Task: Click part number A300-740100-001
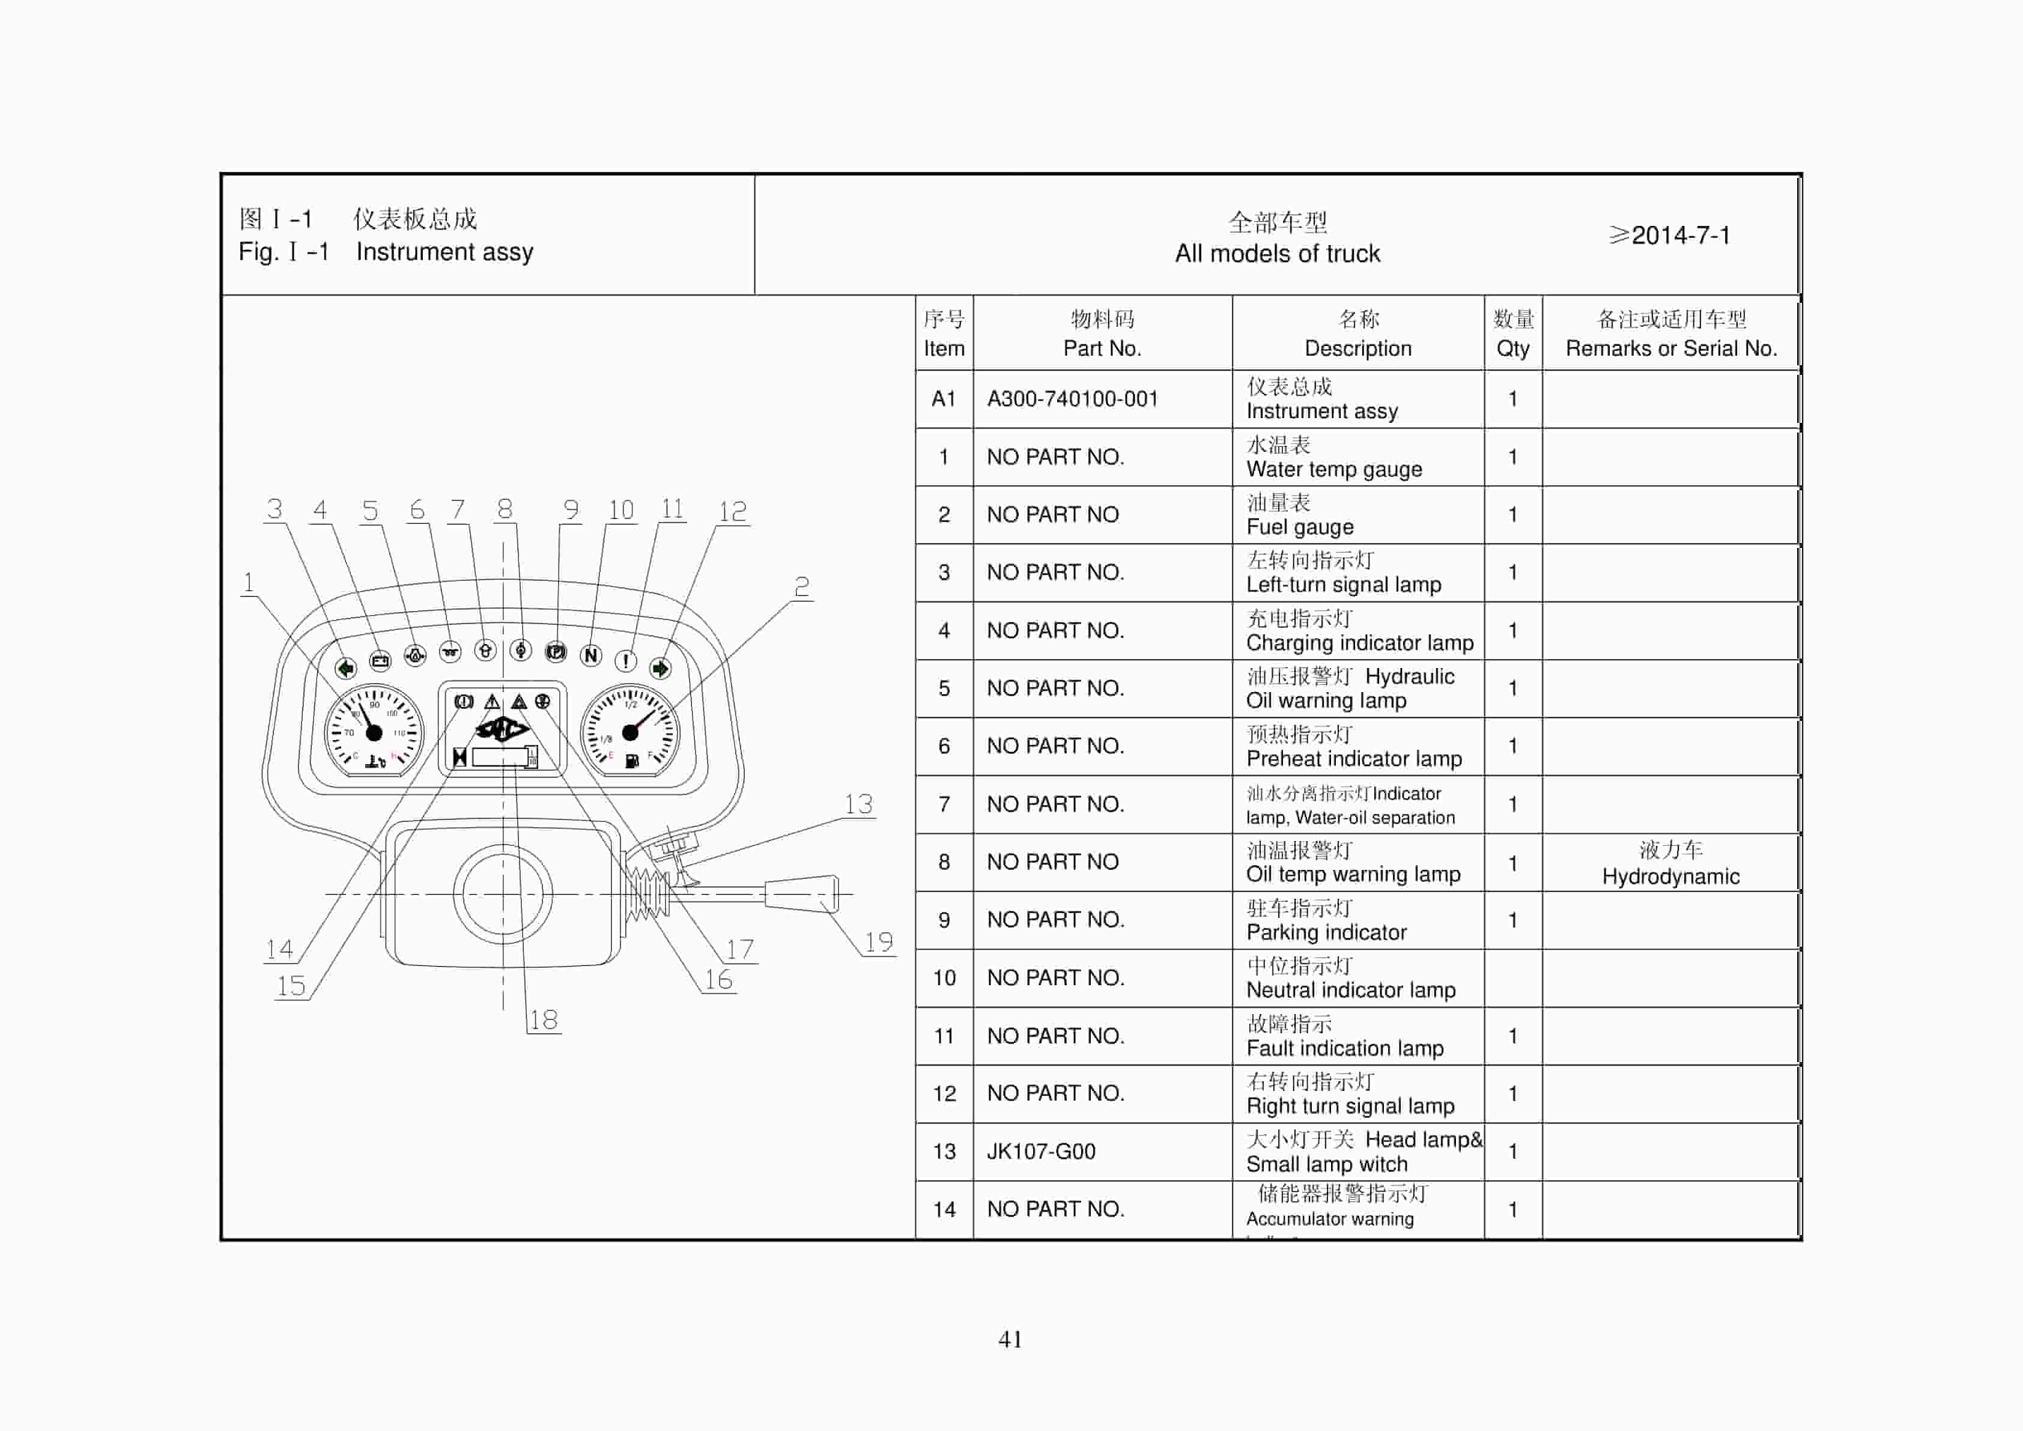[1072, 399]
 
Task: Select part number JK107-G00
[1040, 1152]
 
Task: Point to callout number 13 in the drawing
[858, 804]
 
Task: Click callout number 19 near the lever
[878, 942]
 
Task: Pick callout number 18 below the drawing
[544, 1019]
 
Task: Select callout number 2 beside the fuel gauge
[801, 587]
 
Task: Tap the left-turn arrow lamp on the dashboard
[345, 668]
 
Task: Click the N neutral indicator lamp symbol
[591, 655]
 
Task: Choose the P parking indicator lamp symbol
[556, 652]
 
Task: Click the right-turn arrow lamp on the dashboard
[660, 669]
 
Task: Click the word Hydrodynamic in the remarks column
[1670, 877]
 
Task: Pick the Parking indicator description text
[1326, 932]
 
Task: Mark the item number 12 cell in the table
[944, 1093]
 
